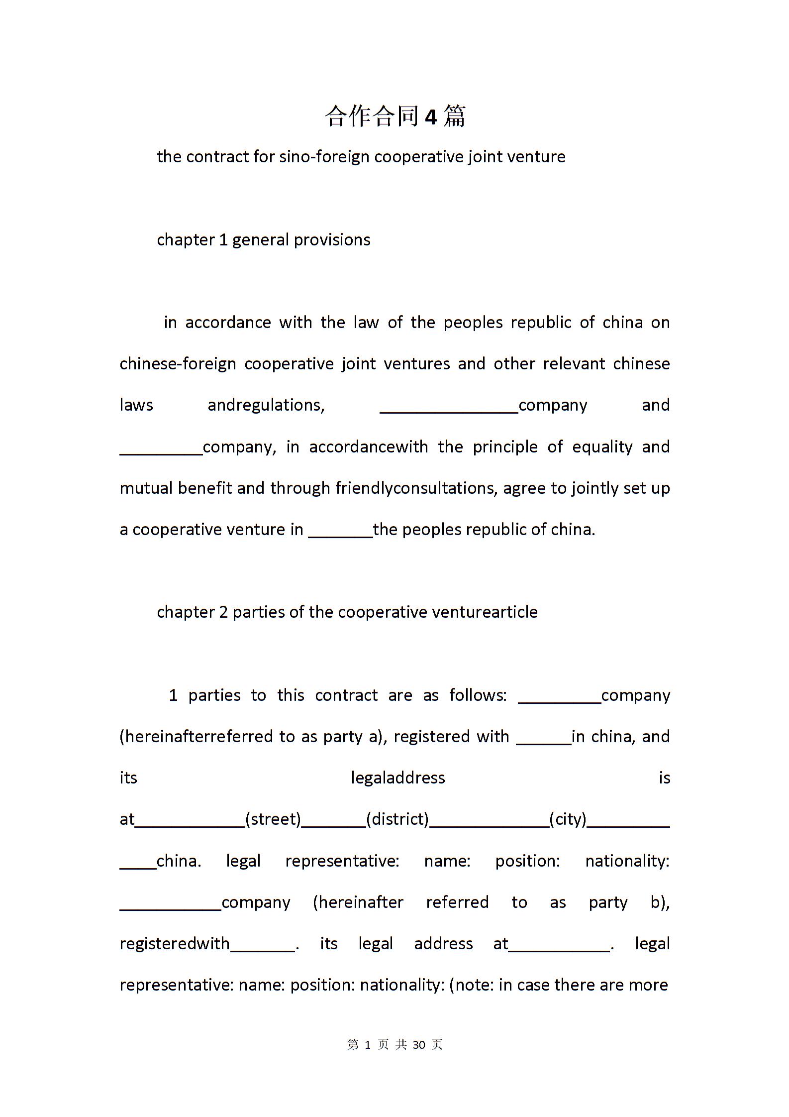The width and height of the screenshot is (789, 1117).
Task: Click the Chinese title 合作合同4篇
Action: click(x=395, y=116)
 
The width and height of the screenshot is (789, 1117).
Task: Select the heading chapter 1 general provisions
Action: click(x=264, y=240)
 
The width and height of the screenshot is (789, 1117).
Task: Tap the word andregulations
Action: click(x=266, y=405)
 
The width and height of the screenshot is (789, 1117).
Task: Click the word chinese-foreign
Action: click(x=178, y=364)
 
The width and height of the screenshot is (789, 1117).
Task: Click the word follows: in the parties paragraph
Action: click(x=478, y=695)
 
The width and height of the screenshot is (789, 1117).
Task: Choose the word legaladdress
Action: click(x=397, y=778)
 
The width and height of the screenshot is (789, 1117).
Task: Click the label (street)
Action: click(x=273, y=819)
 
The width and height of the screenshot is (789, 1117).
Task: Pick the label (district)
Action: click(x=397, y=819)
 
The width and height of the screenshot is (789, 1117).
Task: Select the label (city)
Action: click(x=568, y=819)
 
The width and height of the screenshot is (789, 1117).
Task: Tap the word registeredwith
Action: click(x=175, y=944)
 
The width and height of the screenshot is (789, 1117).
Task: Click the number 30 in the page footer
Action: click(x=419, y=1045)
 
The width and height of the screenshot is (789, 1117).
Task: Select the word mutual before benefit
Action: click(x=147, y=488)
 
